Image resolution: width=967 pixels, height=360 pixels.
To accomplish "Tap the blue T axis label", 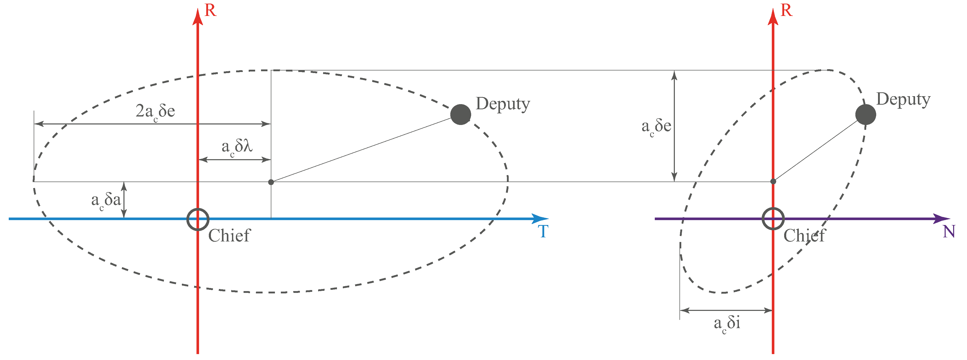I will [543, 232].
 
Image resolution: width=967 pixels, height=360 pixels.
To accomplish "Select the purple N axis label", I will [948, 232].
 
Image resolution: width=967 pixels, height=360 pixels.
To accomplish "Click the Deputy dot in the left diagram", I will [461, 114].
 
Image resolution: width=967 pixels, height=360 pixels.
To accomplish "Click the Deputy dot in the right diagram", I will [866, 114].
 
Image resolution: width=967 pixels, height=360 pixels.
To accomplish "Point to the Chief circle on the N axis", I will [773, 219].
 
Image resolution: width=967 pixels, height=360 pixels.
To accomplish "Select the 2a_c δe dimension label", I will [155, 112].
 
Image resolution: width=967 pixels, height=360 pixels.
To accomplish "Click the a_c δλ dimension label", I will [237, 147].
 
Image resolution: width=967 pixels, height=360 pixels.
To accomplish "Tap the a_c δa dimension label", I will [106, 201].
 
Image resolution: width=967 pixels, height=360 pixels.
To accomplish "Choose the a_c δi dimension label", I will [727, 323].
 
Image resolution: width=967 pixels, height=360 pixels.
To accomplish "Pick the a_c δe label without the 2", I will [656, 127].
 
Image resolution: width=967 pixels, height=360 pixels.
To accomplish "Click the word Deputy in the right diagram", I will [903, 100].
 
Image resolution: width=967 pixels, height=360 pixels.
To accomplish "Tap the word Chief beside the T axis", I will [229, 236].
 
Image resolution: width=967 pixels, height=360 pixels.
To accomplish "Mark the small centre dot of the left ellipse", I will [271, 182].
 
